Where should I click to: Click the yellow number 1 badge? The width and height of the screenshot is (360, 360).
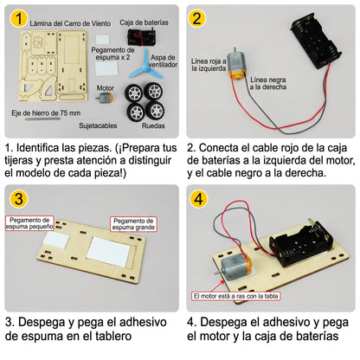19,19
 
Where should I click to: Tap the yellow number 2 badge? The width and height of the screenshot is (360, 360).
196,18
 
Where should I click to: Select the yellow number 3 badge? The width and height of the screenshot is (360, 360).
19,198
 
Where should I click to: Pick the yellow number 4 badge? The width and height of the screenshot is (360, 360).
199,198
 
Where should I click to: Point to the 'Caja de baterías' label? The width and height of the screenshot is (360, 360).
144,22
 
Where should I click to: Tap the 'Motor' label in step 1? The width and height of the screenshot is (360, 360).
106,88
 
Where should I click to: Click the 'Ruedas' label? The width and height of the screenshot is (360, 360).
153,125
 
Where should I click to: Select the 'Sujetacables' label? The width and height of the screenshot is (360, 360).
98,125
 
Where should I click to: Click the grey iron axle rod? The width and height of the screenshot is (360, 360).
42,119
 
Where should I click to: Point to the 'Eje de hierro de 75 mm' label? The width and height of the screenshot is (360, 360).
46,112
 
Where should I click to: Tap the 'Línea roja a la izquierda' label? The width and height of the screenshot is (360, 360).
209,65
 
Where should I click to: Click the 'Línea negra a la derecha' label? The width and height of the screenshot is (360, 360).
268,83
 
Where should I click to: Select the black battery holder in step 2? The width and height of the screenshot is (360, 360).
316,40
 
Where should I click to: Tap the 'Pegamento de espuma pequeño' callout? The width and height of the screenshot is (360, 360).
29,223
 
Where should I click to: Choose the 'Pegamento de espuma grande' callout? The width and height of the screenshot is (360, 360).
133,224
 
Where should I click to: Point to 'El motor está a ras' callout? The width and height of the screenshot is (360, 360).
236,296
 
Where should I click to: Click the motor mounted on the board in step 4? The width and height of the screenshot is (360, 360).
235,266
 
